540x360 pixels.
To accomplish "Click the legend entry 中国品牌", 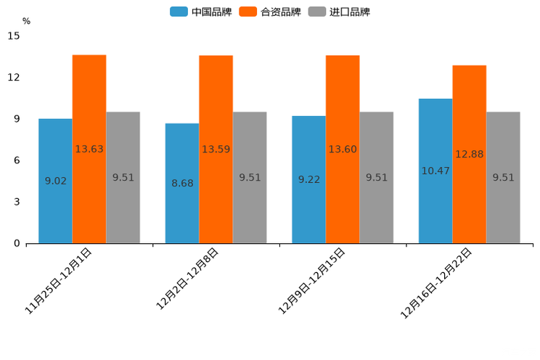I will [x=201, y=12].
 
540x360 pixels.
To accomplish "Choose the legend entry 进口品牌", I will [x=339, y=12].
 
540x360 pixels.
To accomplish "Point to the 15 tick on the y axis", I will [x=14, y=36].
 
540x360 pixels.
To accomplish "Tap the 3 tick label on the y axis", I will [x=17, y=202].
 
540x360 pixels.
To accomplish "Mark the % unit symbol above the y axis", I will [x=26, y=21].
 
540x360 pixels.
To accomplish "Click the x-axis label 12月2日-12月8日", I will [x=187, y=279].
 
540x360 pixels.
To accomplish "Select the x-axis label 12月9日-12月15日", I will [x=312, y=280].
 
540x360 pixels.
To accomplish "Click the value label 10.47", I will [x=435, y=171].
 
